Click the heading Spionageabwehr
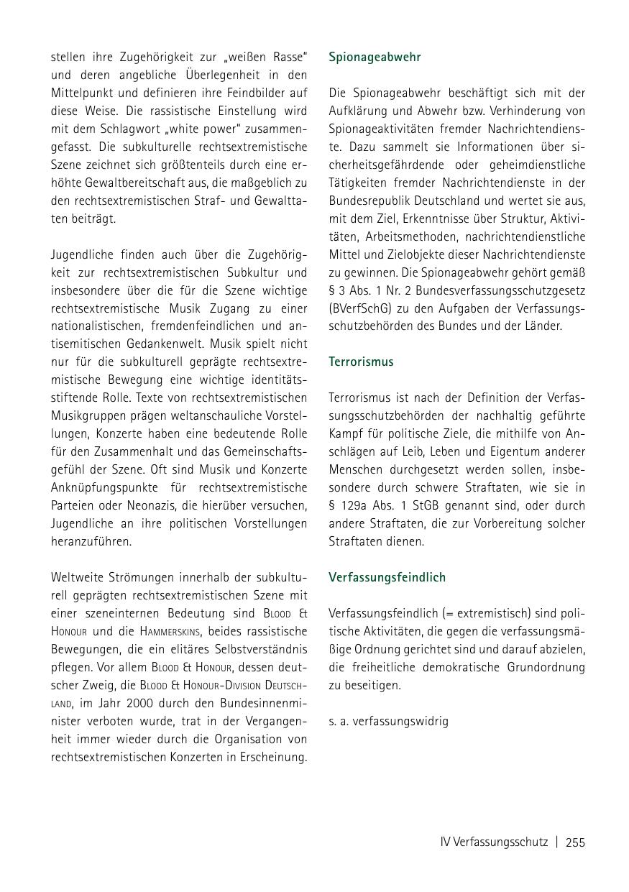click(x=375, y=57)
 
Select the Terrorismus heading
click(x=361, y=362)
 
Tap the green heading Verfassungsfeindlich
click(x=387, y=577)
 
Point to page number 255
click(x=575, y=842)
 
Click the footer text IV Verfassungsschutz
click(x=494, y=842)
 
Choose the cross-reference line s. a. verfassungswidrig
click(x=388, y=720)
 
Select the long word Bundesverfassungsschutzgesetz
click(x=510, y=290)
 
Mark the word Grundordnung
click(x=547, y=667)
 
